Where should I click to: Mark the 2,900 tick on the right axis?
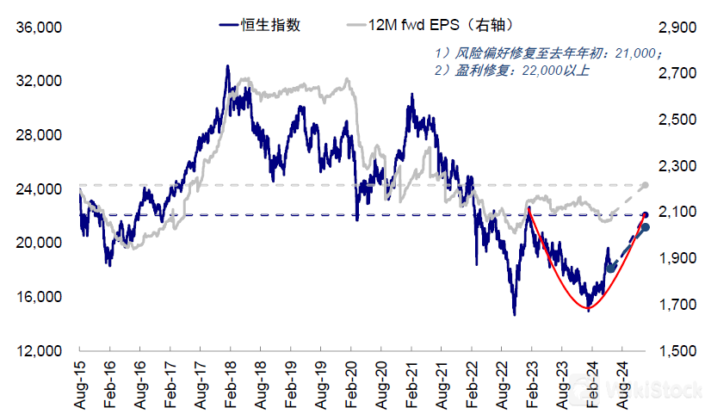(676, 28)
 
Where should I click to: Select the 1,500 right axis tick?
(676, 351)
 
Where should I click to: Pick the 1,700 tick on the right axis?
(676, 305)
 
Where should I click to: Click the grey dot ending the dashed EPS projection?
(645, 185)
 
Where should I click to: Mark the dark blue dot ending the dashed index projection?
(645, 227)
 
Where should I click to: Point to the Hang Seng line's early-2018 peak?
(227, 66)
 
